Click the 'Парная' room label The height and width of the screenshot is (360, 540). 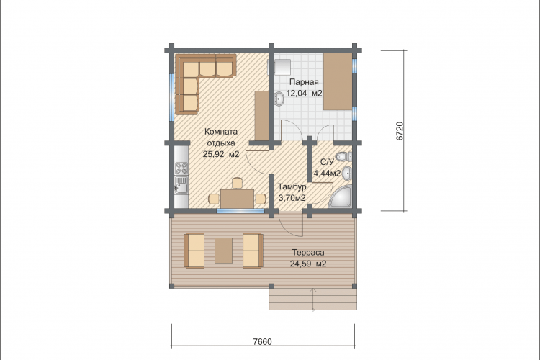click(x=304, y=82)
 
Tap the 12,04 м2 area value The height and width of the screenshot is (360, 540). click(x=305, y=94)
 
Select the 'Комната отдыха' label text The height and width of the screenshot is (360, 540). click(x=221, y=137)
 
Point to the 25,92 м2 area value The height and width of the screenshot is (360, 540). click(x=221, y=154)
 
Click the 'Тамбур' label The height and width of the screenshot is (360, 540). click(x=292, y=187)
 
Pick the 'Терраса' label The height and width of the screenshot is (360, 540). click(x=308, y=253)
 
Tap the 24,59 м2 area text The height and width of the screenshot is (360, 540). click(x=308, y=264)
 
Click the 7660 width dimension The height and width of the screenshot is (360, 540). click(x=262, y=342)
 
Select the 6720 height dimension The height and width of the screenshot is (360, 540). click(x=400, y=131)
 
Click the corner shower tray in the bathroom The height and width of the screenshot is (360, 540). click(x=341, y=197)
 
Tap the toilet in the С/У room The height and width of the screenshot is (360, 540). click(x=343, y=157)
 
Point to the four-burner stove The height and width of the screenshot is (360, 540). click(x=181, y=168)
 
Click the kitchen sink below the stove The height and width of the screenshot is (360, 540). click(x=181, y=185)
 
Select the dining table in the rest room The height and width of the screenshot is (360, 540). click(x=238, y=199)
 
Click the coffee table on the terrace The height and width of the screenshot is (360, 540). click(x=223, y=251)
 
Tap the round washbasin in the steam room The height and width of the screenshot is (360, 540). click(x=279, y=99)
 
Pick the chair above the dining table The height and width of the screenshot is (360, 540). click(x=238, y=183)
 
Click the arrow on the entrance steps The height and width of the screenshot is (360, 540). click(x=313, y=300)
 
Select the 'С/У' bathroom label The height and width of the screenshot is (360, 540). click(x=327, y=162)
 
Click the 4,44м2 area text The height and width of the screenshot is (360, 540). click(x=327, y=173)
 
